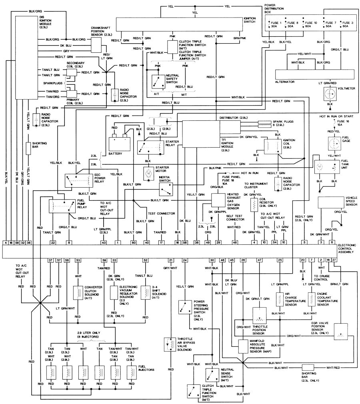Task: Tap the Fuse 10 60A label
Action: (310, 25)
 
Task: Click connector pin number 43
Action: (104, 242)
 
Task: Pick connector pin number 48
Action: (235, 242)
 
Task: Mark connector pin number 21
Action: (171, 260)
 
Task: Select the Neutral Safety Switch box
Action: (157, 81)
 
